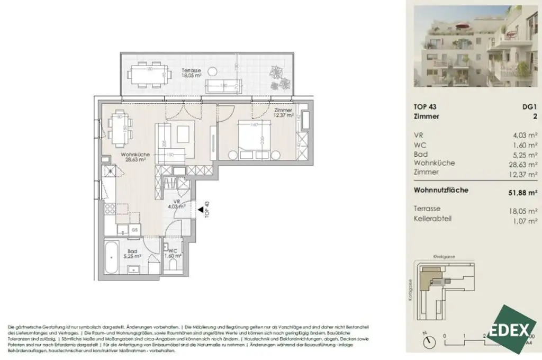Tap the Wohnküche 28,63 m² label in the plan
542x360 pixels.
coord(121,156)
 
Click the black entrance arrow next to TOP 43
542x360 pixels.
coord(201,210)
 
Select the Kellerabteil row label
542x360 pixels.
coord(433,218)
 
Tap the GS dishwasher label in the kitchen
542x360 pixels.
coord(135,230)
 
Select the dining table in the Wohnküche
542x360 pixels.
coord(120,129)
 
